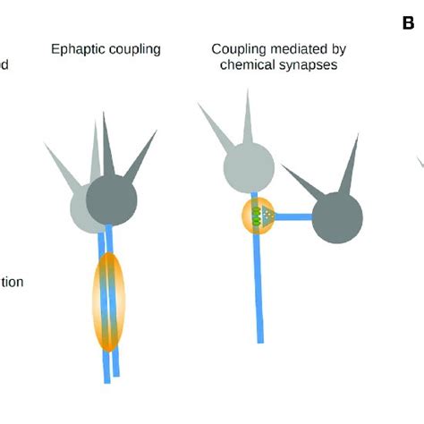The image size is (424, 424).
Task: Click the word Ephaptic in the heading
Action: [77, 49]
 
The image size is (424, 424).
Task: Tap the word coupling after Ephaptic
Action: [132, 49]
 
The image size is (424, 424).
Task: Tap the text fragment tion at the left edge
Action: [11, 282]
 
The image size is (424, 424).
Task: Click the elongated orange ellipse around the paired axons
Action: [107, 301]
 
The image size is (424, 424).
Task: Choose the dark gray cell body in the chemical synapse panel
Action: [337, 216]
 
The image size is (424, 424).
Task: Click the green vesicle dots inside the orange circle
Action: [259, 216]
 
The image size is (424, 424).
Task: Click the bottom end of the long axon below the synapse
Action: [260, 338]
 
